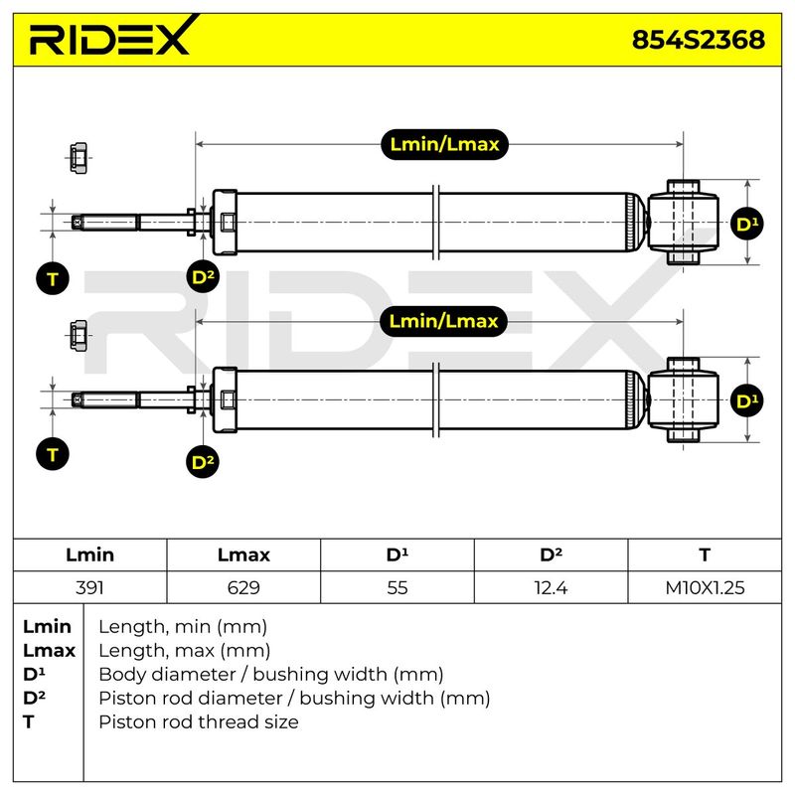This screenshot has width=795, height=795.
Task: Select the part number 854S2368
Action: coord(699,40)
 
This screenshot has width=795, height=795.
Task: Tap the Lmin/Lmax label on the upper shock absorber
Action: coord(444,144)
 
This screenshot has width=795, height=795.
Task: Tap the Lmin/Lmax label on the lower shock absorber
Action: coord(443,321)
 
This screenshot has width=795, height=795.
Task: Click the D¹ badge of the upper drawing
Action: coord(747,224)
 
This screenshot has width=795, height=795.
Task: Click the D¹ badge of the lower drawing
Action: coord(747,400)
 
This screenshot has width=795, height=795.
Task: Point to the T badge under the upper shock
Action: coord(53,278)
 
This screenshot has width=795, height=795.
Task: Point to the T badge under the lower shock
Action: coord(53,454)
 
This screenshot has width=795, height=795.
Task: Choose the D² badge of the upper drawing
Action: coord(203,277)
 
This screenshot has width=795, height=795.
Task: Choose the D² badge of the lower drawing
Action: coord(203,462)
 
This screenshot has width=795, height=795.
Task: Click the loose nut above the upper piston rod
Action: coord(79,158)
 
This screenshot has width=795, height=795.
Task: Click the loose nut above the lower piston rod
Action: coord(79,335)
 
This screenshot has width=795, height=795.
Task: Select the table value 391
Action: coord(89,588)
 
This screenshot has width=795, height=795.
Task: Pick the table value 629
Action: coord(243,588)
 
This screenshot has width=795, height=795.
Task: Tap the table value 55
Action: coord(397,588)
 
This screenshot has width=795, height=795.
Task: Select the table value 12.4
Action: coord(551,588)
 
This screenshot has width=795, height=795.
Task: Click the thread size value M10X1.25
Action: coord(705,588)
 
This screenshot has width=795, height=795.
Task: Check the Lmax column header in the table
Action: coord(243,556)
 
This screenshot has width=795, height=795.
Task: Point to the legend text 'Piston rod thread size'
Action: coord(199,722)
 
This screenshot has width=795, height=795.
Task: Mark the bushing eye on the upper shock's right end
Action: coord(683,222)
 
